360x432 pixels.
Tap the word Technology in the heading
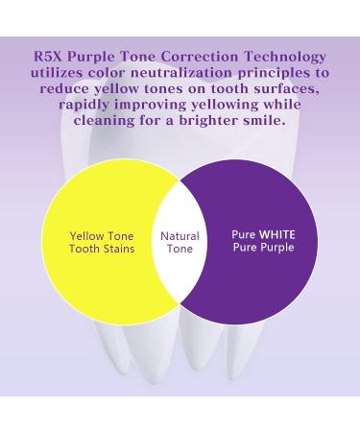[287, 58]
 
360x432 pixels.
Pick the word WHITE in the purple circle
[277, 233]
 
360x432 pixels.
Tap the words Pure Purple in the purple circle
[263, 247]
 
